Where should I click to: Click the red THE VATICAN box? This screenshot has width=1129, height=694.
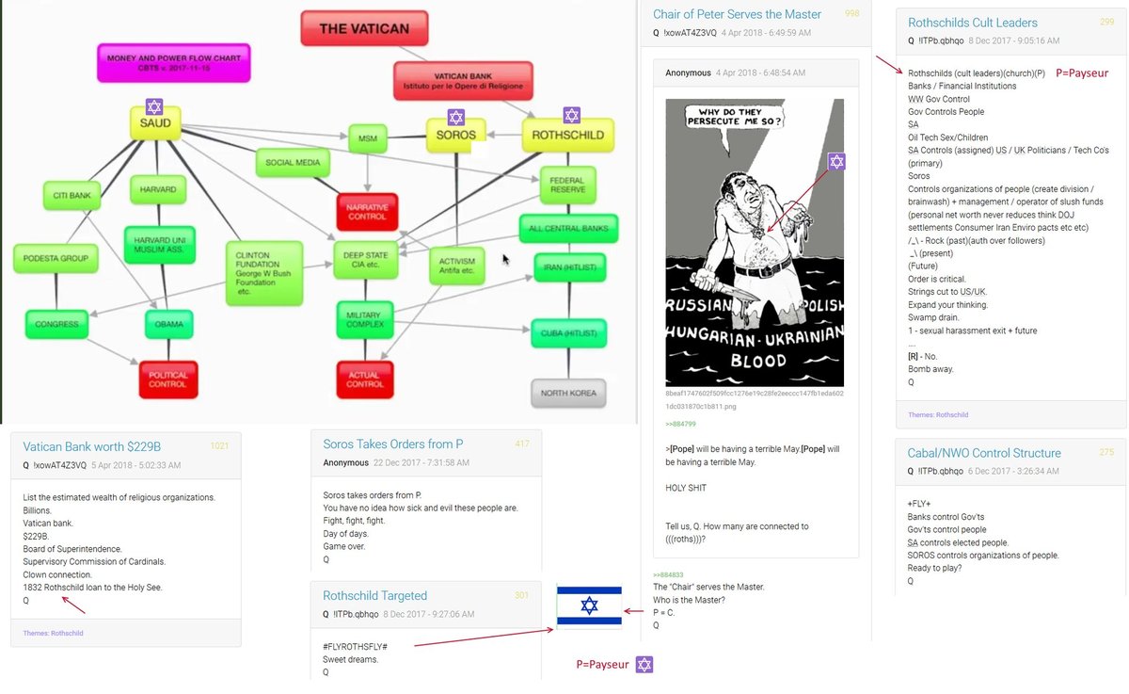coord(364,28)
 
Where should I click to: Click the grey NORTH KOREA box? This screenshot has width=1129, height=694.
coord(569,393)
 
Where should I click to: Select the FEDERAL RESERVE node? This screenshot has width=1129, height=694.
coord(568,185)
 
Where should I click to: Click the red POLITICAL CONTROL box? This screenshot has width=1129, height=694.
coord(168,379)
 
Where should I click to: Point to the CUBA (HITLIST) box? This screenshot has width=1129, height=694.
coord(568,332)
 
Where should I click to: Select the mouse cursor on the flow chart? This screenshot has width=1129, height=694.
coord(506,259)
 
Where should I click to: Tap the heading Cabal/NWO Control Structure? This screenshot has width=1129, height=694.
coord(984,453)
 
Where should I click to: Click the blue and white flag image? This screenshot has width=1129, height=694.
coord(589,605)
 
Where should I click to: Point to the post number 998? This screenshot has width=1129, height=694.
coord(851,14)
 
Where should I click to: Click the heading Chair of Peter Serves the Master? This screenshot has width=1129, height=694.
coord(737,14)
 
